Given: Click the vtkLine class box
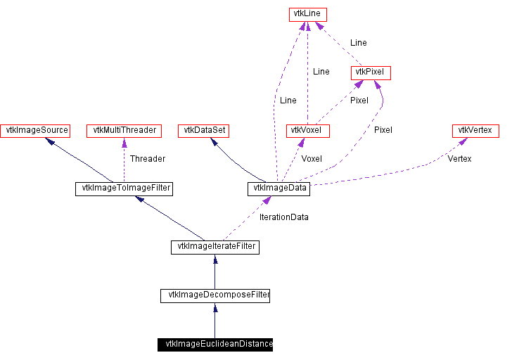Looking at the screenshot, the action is click(307, 15).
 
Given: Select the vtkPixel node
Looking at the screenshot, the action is click(371, 73).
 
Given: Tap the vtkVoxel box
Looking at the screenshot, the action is click(307, 131).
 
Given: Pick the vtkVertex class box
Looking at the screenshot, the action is click(475, 131).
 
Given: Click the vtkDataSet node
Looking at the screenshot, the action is click(203, 131).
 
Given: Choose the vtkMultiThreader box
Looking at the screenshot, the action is click(124, 131).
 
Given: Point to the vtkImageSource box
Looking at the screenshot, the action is click(35, 131).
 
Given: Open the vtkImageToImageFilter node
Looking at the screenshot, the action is click(124, 189).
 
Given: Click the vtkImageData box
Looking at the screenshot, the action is click(279, 189).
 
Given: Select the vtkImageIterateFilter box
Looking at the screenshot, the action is click(215, 247).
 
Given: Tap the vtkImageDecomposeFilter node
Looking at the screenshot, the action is click(215, 296).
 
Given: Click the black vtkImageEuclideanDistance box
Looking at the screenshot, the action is click(215, 345).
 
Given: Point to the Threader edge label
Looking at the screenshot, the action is click(148, 159).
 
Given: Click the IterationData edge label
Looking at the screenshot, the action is click(283, 217).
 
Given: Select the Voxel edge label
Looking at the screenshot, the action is click(312, 159).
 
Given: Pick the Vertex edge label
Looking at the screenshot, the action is click(459, 159).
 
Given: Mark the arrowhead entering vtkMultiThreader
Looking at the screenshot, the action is click(124, 142).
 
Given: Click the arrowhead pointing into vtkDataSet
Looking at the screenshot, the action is click(215, 141).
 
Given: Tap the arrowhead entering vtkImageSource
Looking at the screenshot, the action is click(50, 141).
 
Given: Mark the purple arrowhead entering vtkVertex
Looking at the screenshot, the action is click(463, 141).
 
